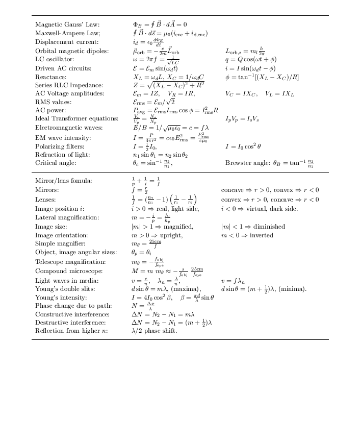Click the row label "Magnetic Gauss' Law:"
[67, 24]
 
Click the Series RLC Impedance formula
[168, 85]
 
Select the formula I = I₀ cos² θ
[243, 146]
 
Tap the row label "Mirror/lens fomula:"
[63, 181]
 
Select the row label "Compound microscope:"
[69, 271]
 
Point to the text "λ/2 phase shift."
[154, 331]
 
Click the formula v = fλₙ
[234, 281]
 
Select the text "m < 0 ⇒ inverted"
[247, 235]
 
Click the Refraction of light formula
[160, 155]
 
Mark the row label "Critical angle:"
[56, 163]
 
